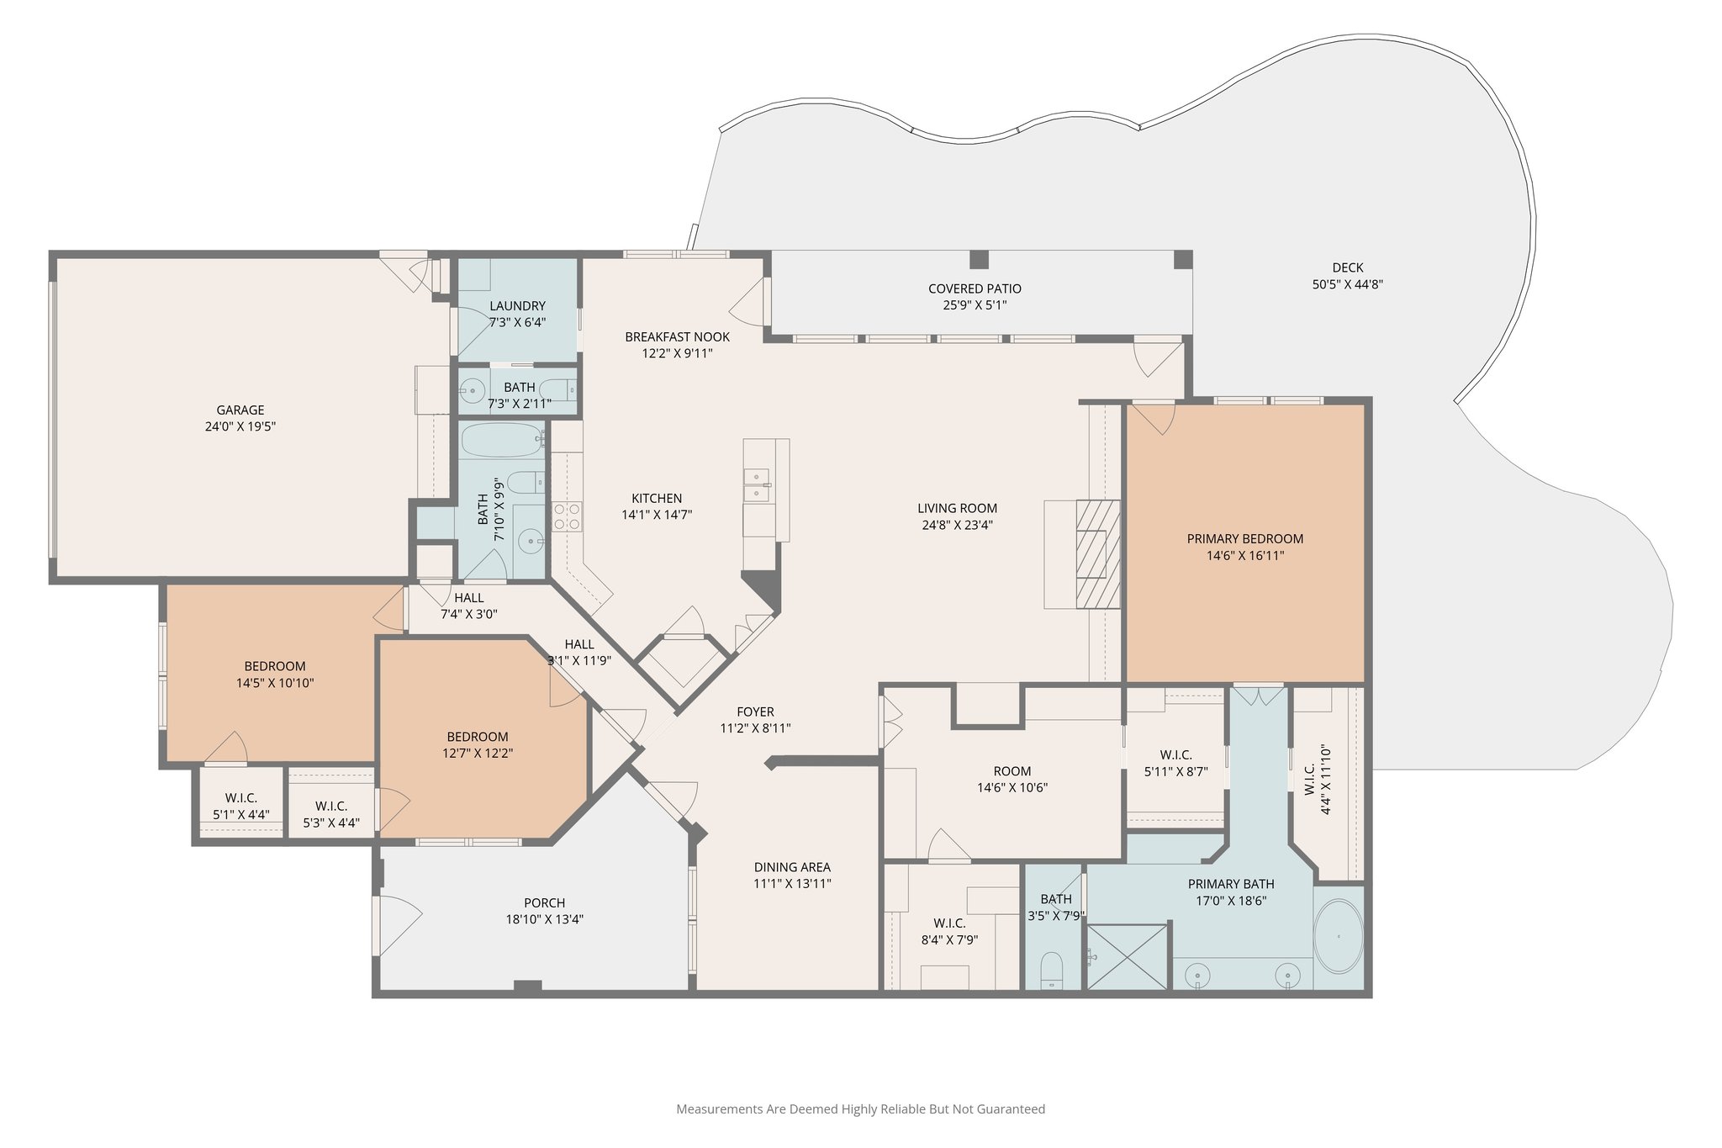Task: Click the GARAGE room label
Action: [x=240, y=410]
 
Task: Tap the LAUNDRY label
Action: [x=518, y=306]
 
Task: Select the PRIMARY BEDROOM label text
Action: [x=1245, y=539]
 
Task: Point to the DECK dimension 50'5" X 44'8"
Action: [x=1348, y=284]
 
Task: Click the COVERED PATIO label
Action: [x=975, y=288]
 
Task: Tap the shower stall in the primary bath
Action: [x=1128, y=957]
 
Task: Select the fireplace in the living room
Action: [x=1098, y=553]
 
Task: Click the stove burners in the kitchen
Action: [x=567, y=516]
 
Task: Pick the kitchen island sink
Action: [x=757, y=485]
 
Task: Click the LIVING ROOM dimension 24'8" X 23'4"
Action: [x=957, y=525]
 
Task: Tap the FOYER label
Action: [x=755, y=712]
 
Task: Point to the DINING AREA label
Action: [x=792, y=867]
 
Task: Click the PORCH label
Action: [x=544, y=903]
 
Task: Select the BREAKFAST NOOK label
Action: [x=677, y=337]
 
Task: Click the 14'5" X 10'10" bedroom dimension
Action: [x=275, y=683]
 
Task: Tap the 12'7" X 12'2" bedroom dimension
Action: [x=478, y=754]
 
